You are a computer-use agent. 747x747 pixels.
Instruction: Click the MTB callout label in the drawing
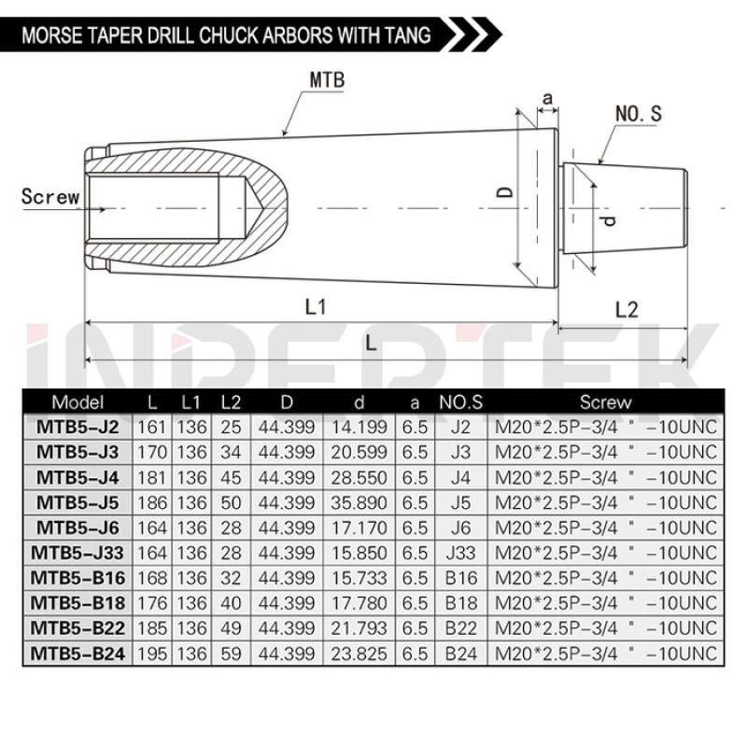[327, 80]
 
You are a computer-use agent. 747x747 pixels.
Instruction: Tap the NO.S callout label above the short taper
[639, 114]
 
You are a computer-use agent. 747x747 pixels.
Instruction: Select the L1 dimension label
[316, 307]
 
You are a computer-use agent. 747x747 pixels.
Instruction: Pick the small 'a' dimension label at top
[547, 97]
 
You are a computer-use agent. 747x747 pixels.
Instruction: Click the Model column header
[78, 403]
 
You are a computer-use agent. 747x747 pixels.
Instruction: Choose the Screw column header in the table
[605, 403]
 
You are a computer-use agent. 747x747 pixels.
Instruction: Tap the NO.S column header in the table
[460, 403]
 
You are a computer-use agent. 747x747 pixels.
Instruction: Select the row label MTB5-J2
[78, 427]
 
